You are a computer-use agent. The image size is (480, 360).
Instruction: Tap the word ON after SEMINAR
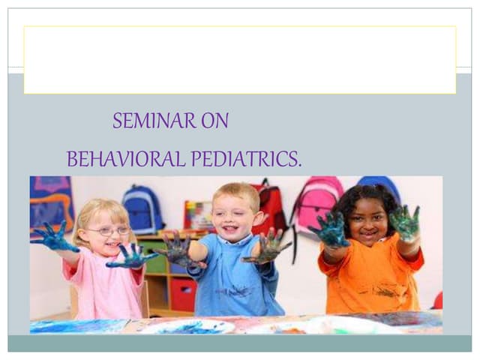[214, 121]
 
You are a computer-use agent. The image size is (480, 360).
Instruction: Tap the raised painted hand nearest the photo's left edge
[54, 238]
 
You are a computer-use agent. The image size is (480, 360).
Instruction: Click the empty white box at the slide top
[239, 60]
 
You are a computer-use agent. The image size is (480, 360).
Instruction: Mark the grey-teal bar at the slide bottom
[239, 343]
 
